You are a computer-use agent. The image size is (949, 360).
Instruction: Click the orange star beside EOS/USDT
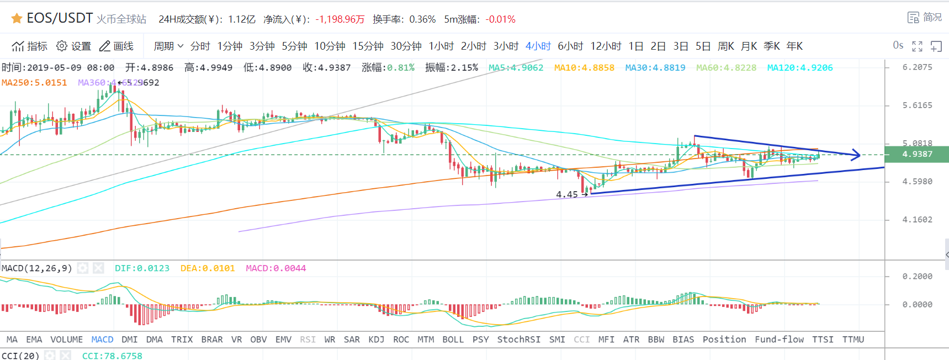point(17,19)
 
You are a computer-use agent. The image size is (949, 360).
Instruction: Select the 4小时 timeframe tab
point(538,46)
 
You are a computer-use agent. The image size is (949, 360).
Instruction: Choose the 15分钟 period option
point(368,46)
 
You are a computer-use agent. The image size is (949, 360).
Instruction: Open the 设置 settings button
point(74,46)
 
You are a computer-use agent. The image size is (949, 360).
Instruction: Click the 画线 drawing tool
point(116,46)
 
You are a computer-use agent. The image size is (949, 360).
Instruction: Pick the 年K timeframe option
point(794,46)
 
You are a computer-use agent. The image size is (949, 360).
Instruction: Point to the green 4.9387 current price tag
point(916,154)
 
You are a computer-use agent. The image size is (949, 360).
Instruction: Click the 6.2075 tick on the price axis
point(917,67)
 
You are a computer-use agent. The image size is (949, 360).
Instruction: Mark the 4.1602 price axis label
point(917,220)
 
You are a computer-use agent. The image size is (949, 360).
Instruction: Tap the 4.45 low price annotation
point(567,194)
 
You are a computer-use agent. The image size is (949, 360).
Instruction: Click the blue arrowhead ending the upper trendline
point(856,155)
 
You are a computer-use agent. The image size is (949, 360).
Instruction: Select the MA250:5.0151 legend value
point(34,83)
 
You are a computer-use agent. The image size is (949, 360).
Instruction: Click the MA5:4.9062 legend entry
point(516,68)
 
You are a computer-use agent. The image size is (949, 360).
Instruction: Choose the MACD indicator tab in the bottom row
point(102,340)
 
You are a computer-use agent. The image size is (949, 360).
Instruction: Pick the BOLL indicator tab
point(453,340)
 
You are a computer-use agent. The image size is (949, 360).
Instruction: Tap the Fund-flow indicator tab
point(779,340)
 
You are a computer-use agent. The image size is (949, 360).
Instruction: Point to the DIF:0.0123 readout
point(142,268)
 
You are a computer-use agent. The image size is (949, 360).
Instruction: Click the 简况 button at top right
point(925,17)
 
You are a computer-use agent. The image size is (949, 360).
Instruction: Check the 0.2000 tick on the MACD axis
point(917,277)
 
